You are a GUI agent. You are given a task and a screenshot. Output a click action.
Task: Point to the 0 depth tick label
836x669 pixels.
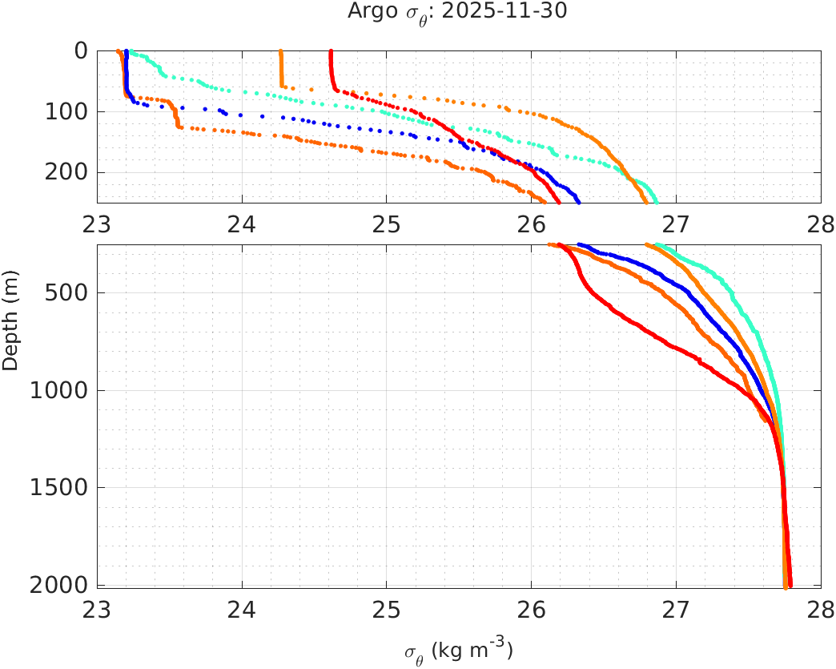(x=80, y=50)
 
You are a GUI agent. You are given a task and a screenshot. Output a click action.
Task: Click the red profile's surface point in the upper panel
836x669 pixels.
(x=331, y=51)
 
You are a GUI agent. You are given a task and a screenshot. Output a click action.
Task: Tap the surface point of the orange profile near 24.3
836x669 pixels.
(x=280, y=51)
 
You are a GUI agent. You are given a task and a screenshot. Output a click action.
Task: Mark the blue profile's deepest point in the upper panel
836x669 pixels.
(x=578, y=201)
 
